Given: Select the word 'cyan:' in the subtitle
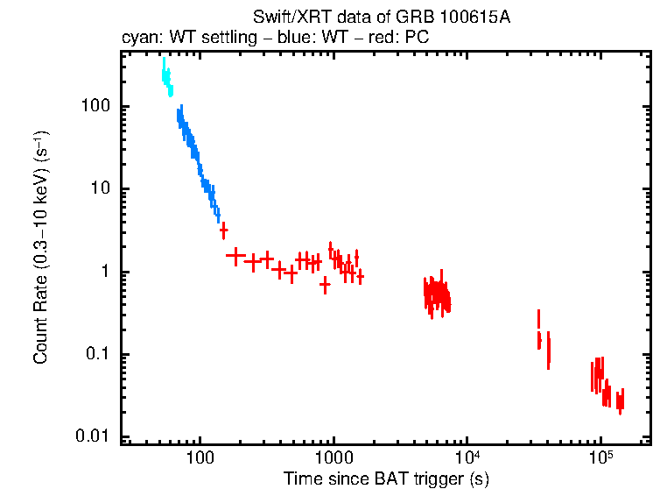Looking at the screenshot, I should pyautogui.click(x=138, y=39).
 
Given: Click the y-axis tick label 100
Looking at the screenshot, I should pyautogui.click(x=96, y=107).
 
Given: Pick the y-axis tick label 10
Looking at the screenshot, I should pyautogui.click(x=101, y=189).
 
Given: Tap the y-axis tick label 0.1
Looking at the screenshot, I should pyautogui.click(x=98, y=355).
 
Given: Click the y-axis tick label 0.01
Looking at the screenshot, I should pyautogui.click(x=94, y=437).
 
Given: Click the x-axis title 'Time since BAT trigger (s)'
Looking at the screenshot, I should pyautogui.click(x=385, y=478).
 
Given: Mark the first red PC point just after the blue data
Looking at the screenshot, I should pyautogui.click(x=223, y=230).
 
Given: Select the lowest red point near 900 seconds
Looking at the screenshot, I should pyautogui.click(x=325, y=285).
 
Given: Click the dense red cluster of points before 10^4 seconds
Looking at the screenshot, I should pyautogui.click(x=436, y=296).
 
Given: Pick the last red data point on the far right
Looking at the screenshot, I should pyautogui.click(x=621, y=400).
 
